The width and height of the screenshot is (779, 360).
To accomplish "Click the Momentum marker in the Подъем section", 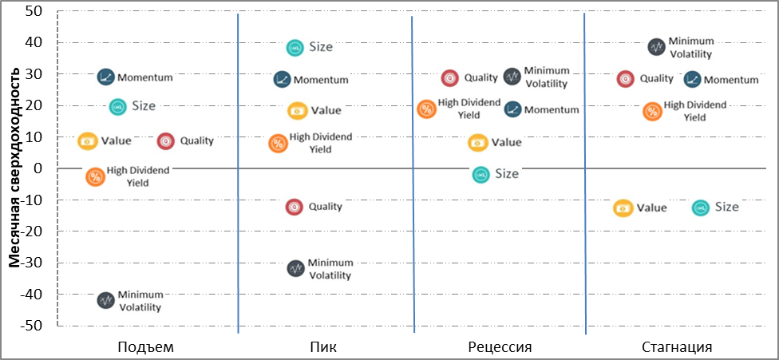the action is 105,77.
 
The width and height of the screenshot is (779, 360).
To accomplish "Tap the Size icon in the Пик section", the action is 295,47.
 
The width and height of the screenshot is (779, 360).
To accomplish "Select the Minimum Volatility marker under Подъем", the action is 105,300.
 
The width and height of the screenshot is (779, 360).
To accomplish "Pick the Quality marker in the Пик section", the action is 294,207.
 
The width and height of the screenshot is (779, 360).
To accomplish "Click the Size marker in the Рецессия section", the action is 480,174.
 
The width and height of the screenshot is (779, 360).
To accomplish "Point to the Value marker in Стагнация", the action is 623,208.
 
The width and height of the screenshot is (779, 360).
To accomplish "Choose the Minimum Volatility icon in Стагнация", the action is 657,46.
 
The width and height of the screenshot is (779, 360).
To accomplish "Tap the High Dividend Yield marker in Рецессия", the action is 426,109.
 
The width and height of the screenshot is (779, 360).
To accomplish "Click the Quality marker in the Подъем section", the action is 166,141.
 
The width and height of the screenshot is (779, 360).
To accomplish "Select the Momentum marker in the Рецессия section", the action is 512,109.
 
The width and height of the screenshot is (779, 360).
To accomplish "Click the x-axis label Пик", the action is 325,346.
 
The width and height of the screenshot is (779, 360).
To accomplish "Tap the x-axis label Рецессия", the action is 500,346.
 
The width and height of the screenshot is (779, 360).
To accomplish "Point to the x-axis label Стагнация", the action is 677,346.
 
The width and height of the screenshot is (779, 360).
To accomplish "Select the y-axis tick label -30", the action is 36,263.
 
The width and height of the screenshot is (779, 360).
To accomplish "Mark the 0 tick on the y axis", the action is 43,168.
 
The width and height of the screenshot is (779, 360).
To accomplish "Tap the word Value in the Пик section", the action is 326,110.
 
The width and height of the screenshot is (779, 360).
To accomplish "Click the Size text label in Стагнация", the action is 727,207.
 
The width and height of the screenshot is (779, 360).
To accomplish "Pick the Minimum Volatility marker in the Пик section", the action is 296,269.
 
